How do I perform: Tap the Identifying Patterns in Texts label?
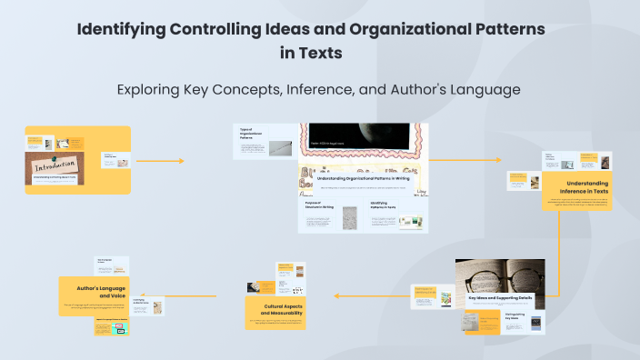(385, 205)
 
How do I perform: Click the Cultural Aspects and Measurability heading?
(275, 309)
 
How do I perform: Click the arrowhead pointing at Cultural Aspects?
(336, 295)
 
